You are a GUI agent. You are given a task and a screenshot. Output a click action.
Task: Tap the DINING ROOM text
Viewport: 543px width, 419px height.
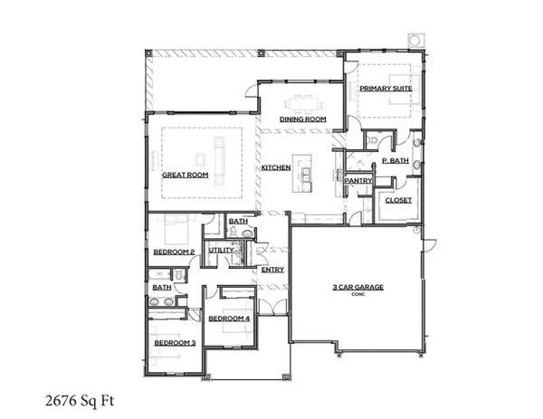point(302,119)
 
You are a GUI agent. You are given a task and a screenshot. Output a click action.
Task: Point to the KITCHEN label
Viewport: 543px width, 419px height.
point(275,168)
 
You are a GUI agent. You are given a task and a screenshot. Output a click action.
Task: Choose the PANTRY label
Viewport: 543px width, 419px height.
point(358,180)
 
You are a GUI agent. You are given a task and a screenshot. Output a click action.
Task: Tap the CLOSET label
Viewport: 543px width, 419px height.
point(399,201)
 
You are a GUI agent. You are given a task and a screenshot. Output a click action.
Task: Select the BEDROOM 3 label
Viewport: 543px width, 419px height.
point(174,343)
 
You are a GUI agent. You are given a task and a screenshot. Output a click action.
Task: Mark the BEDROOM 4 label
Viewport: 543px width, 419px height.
point(229,319)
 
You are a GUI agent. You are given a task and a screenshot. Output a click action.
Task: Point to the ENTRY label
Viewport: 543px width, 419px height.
point(272,269)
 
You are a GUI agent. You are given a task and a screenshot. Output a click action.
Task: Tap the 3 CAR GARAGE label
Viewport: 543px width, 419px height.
point(356,287)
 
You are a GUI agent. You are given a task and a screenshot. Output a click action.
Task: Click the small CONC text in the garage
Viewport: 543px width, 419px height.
point(356,295)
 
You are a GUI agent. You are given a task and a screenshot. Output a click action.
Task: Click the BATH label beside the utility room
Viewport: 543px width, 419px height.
point(238,221)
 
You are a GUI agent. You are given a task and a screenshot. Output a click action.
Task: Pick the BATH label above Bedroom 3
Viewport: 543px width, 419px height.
point(162,287)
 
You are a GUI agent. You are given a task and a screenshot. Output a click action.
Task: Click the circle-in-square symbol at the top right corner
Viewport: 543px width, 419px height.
point(415,41)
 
